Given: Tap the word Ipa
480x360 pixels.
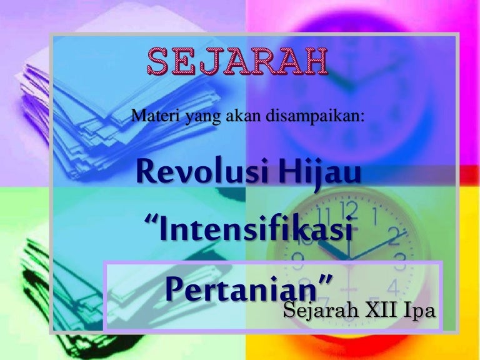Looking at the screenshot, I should coord(418,310).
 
